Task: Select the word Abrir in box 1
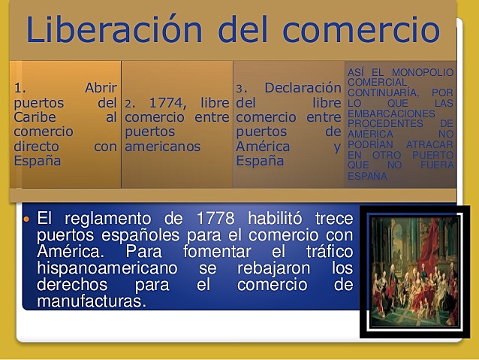tap(101, 88)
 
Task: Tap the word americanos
tap(163, 147)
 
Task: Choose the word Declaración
tap(297, 88)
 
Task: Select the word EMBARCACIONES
tap(390, 113)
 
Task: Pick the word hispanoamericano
tap(107, 268)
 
